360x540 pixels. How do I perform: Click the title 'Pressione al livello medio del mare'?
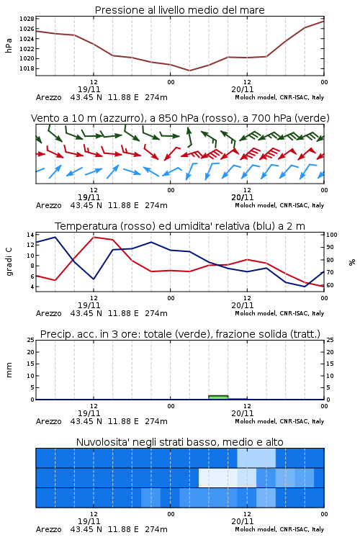click(x=179, y=10)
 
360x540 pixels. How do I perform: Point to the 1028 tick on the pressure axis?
click(x=27, y=19)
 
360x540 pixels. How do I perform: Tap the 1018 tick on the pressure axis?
click(x=27, y=68)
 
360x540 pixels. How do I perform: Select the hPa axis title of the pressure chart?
click(x=9, y=45)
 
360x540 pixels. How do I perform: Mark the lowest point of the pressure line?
click(x=189, y=71)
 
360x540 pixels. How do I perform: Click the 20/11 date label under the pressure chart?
click(x=243, y=89)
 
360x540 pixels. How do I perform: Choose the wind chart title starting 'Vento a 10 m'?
click(x=180, y=118)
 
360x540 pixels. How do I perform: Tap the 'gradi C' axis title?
click(x=9, y=261)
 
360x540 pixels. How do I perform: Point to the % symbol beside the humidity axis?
click(x=352, y=262)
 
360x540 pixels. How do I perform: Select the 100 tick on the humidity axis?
click(x=332, y=235)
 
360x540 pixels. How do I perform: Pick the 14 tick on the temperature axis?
click(x=30, y=235)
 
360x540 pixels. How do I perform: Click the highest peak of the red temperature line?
click(x=94, y=237)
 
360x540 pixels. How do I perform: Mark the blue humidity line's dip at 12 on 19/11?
click(x=94, y=279)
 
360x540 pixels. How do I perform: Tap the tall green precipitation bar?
click(x=218, y=397)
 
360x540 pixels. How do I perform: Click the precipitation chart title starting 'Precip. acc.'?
click(x=180, y=334)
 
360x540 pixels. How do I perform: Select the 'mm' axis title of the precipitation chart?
click(x=9, y=370)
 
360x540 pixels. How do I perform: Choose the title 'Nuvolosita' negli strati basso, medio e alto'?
click(x=179, y=442)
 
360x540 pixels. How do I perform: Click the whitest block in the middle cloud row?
click(x=218, y=477)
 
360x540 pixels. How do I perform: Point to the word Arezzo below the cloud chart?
click(x=48, y=529)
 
